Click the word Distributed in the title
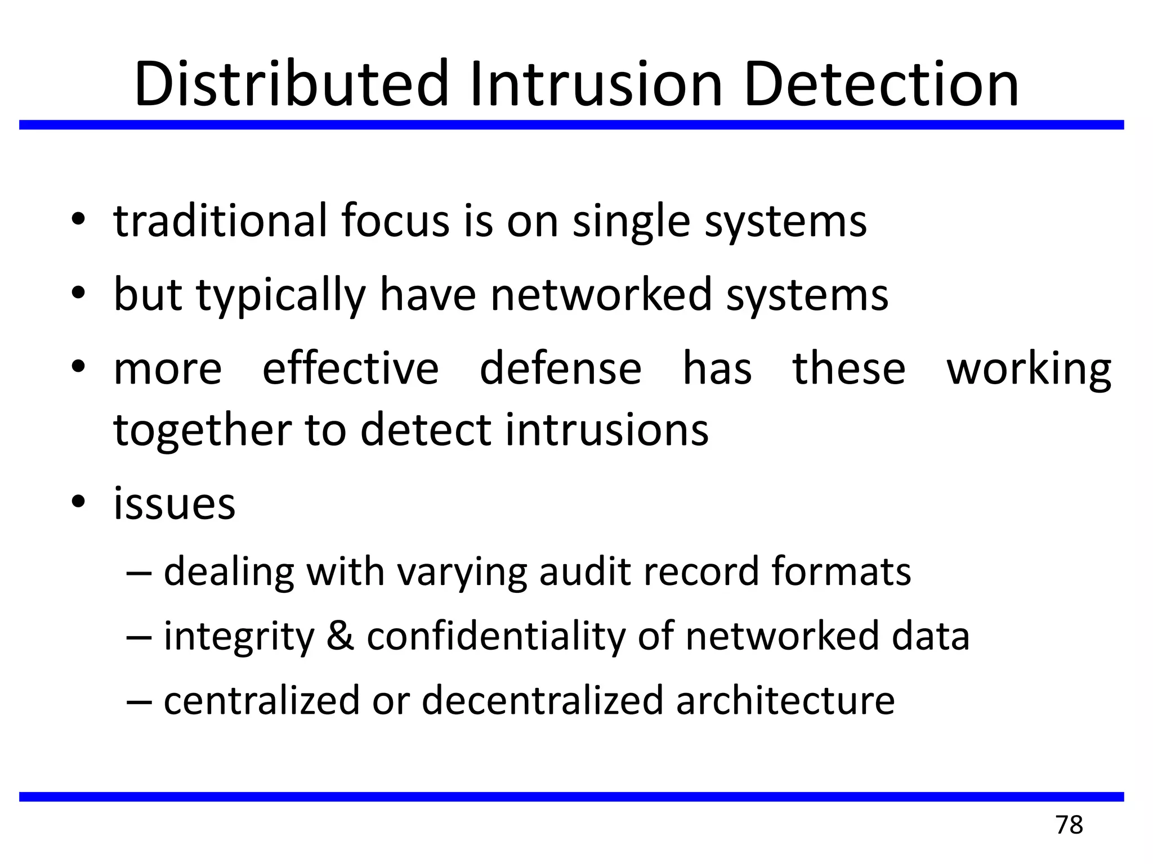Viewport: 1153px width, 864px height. [291, 84]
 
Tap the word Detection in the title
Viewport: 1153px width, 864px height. [881, 84]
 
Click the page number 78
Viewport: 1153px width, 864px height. [1069, 825]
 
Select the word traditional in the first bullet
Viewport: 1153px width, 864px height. [220, 220]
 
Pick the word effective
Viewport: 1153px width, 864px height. [350, 368]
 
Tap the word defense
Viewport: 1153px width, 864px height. [560, 368]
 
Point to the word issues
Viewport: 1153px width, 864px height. [175, 503]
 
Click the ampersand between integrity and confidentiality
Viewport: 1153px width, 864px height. [340, 636]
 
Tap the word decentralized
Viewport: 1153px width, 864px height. [543, 700]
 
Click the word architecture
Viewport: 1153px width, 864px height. [785, 700]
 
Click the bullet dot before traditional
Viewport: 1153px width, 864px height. [78, 218]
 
